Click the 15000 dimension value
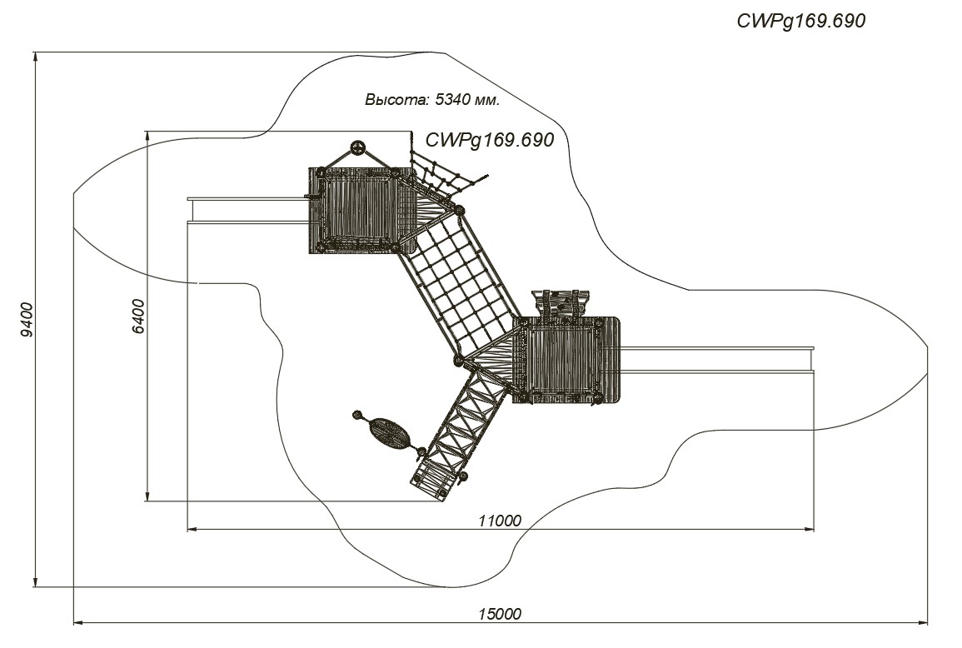coord(500,614)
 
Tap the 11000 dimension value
coord(500,521)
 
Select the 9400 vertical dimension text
coord(27,320)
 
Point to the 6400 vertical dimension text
coord(138,316)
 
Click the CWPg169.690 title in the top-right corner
coord(800,22)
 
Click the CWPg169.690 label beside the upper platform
coord(490,141)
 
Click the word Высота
coord(397,99)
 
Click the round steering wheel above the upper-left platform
coord(357,147)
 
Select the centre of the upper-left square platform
coord(358,210)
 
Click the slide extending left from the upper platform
coord(248,210)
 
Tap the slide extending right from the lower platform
coord(717,360)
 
